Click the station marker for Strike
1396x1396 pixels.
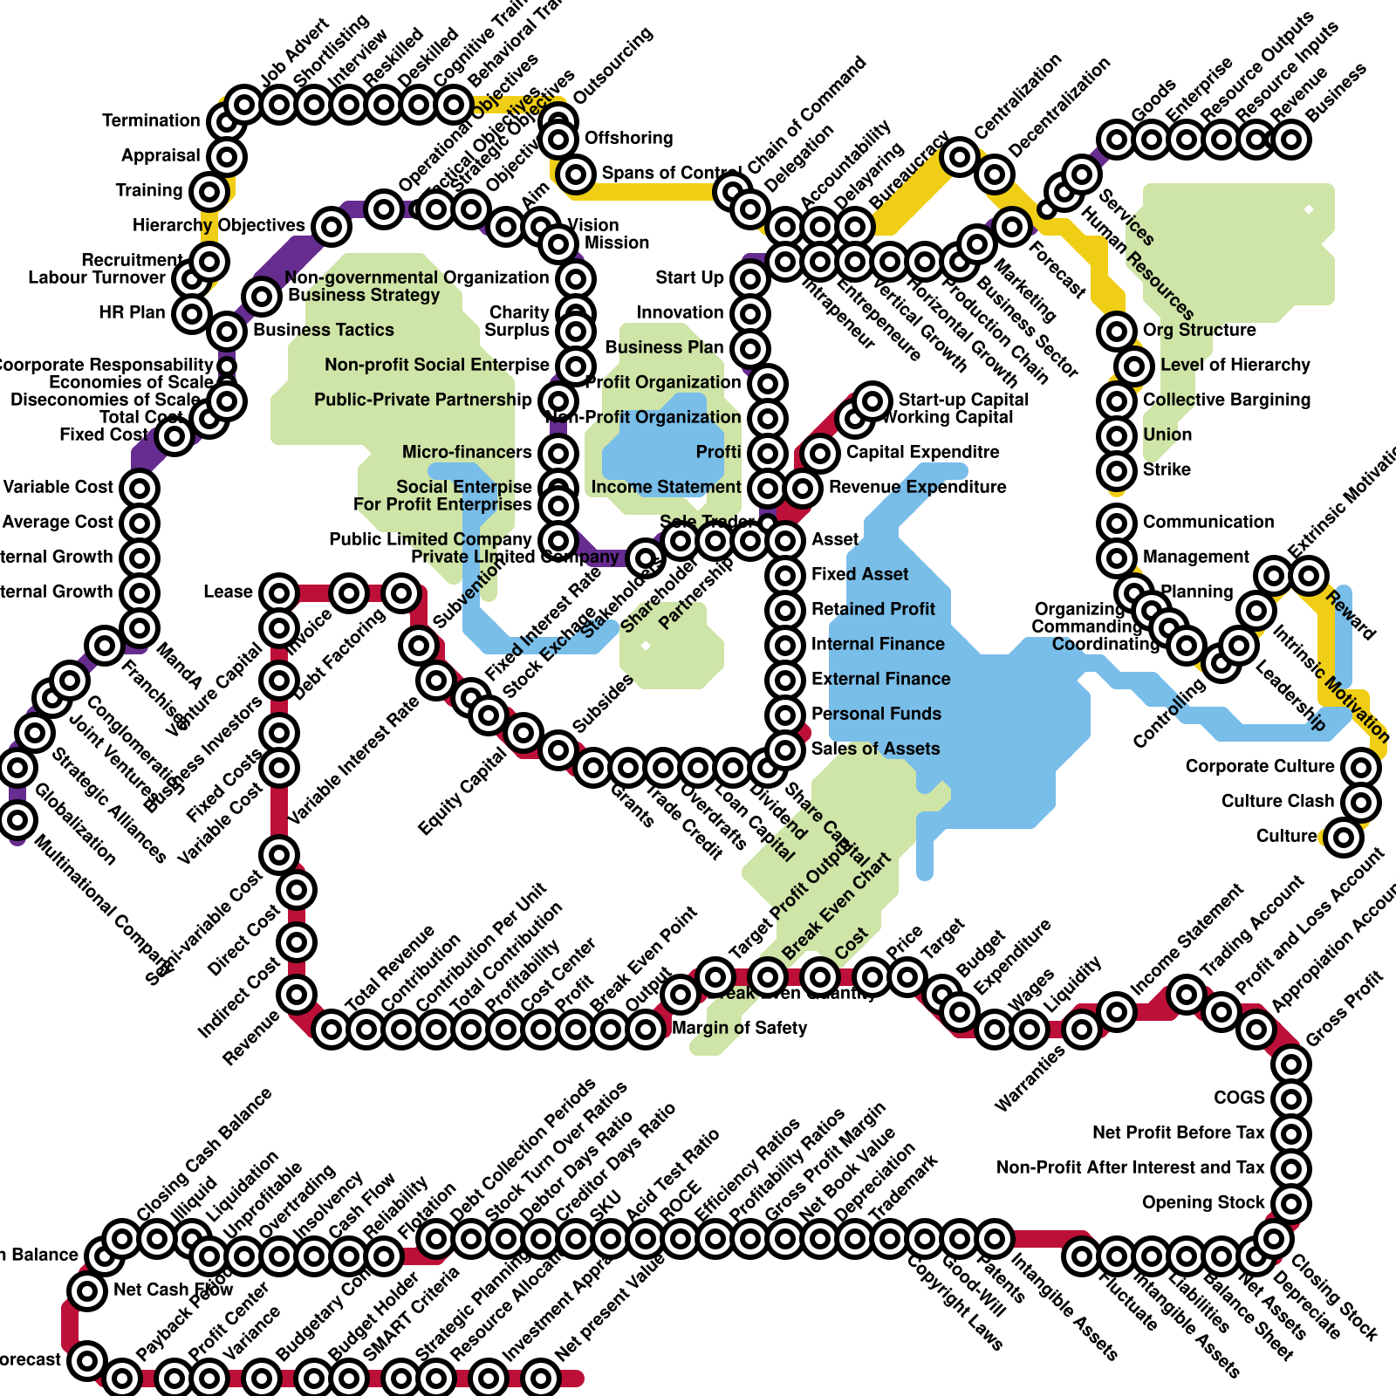click(x=1117, y=471)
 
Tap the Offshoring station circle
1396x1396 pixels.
click(x=558, y=138)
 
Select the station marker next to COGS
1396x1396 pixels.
click(x=1291, y=1098)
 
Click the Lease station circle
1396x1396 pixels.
click(x=279, y=593)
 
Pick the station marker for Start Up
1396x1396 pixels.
click(x=750, y=279)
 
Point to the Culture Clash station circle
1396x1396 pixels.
click(x=1361, y=802)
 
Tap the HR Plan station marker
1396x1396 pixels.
click(x=192, y=313)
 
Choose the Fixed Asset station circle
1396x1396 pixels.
click(x=785, y=575)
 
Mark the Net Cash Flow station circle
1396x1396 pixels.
click(x=87, y=1290)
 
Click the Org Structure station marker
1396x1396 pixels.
click(x=1117, y=332)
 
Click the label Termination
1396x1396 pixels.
click(x=151, y=120)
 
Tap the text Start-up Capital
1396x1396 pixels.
click(x=963, y=400)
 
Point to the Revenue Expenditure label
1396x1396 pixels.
click(x=917, y=487)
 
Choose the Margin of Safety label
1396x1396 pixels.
click(x=739, y=1028)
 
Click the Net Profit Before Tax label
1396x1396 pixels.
click(x=1178, y=1133)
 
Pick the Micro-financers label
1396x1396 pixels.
click(x=467, y=452)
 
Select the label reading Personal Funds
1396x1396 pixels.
click(x=876, y=714)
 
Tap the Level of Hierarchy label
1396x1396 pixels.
click(x=1235, y=365)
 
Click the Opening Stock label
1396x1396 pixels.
click(x=1203, y=1202)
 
